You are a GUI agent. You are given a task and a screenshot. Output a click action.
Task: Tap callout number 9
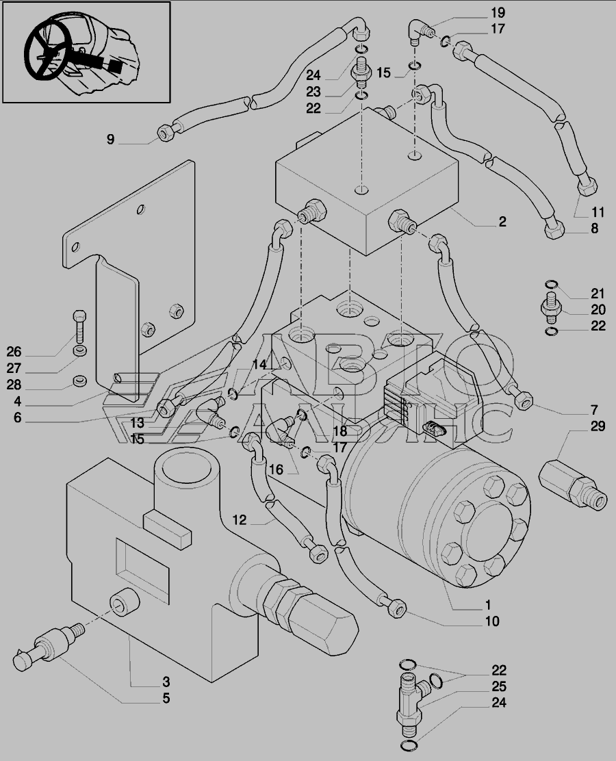click(x=110, y=140)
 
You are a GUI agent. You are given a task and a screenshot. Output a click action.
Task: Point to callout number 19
click(x=497, y=13)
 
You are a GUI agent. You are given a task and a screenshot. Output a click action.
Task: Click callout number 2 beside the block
click(x=502, y=222)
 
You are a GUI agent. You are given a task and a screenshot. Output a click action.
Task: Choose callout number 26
click(x=14, y=352)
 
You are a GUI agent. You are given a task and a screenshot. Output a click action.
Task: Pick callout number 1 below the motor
click(x=488, y=605)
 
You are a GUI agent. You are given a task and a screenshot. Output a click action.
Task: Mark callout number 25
click(x=498, y=686)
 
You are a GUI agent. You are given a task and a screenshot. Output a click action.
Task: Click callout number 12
click(x=238, y=521)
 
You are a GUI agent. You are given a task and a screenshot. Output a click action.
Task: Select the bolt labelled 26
click(x=80, y=326)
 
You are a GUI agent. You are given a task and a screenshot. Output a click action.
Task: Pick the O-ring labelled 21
click(x=552, y=286)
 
